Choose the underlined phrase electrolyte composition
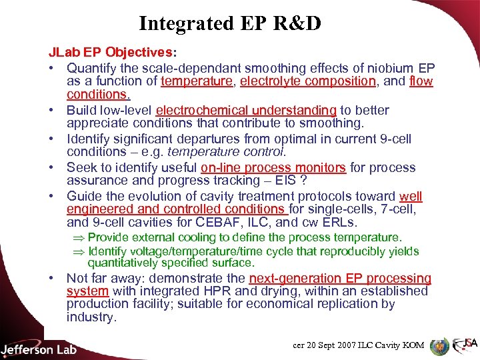tap(308, 81)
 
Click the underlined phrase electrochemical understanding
tap(246, 110)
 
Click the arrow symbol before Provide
tap(79, 237)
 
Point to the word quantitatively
tap(130, 263)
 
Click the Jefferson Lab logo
tap(39, 348)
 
